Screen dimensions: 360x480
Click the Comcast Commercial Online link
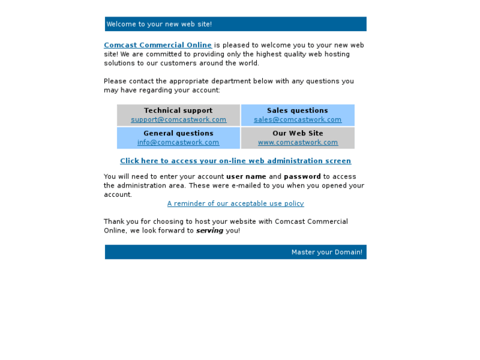pyautogui.click(x=158, y=46)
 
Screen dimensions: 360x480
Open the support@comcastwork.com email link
pyautogui.click(x=178, y=120)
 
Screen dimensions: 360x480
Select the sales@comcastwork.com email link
pyautogui.click(x=297, y=120)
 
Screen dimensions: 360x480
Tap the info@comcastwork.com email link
pyautogui.click(x=178, y=143)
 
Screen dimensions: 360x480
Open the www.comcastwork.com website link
pyautogui.click(x=297, y=143)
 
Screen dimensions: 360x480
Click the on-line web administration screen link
pyautogui.click(x=235, y=161)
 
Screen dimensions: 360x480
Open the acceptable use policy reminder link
pyautogui.click(x=235, y=204)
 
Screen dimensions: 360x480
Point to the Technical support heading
pyautogui.click(x=178, y=111)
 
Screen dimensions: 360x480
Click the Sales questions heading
pyautogui.click(x=297, y=111)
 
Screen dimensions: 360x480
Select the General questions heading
pyautogui.click(x=178, y=133)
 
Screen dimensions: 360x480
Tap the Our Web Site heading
pyautogui.click(x=297, y=133)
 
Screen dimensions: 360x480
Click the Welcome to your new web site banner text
pyautogui.click(x=159, y=24)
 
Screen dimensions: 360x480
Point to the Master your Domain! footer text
pyautogui.click(x=327, y=252)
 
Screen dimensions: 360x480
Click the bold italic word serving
pyautogui.click(x=209, y=231)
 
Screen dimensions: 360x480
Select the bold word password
pyautogui.click(x=302, y=177)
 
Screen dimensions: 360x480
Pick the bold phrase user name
pyautogui.click(x=246, y=177)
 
